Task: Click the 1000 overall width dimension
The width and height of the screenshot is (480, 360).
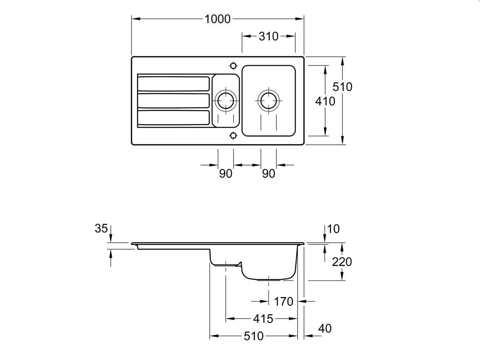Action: point(218,19)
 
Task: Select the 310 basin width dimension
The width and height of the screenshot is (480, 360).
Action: point(268,36)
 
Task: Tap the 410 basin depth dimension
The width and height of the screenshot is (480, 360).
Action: point(325,101)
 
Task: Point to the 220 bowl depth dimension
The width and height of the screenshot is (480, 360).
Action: point(342,262)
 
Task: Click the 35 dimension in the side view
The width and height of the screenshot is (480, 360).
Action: point(101,228)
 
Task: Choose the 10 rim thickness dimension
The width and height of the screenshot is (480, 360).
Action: point(333,229)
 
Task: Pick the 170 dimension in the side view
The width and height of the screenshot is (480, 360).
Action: point(284,301)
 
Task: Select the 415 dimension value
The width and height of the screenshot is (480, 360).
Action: point(263,319)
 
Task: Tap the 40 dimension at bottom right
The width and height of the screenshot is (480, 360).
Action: point(325,328)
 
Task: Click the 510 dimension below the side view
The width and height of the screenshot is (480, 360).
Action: point(254,336)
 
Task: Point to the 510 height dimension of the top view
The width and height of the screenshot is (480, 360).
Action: point(343,86)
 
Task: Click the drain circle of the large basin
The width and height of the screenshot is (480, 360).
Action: point(268,100)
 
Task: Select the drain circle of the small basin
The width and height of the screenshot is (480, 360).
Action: point(226,100)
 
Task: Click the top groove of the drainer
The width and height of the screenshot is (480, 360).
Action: point(173,84)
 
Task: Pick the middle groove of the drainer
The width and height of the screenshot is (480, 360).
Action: point(173,100)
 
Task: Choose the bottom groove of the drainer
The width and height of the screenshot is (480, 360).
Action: point(173,118)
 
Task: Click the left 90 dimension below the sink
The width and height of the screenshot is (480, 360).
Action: point(226,174)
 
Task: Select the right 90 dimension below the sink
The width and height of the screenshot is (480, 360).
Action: point(269,174)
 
